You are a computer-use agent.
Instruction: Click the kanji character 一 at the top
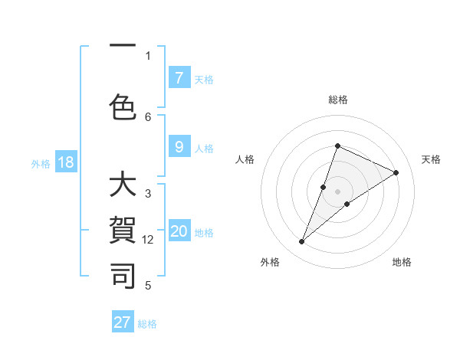pos(123,46)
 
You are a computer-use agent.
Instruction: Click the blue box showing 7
pos(179,78)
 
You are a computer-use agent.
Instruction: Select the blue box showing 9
pos(179,147)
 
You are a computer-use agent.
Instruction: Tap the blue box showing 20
pos(179,232)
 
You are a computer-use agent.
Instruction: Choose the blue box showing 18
pos(65,162)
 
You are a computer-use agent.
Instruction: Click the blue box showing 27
pos(123,322)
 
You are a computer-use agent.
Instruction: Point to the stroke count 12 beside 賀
pos(149,240)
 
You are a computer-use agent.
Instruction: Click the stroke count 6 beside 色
pos(148,116)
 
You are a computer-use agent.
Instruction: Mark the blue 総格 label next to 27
pos(147,324)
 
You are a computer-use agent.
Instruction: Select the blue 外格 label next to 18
pos(41,163)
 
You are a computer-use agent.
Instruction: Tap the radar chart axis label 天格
pos(431,159)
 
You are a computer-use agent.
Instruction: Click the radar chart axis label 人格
pos(245,159)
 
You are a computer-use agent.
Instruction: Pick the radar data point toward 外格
pos(302,242)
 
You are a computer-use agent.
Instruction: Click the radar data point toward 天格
pos(396,172)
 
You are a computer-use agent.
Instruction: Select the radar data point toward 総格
pos(337,146)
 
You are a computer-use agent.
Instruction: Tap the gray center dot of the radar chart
pos(337,191)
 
